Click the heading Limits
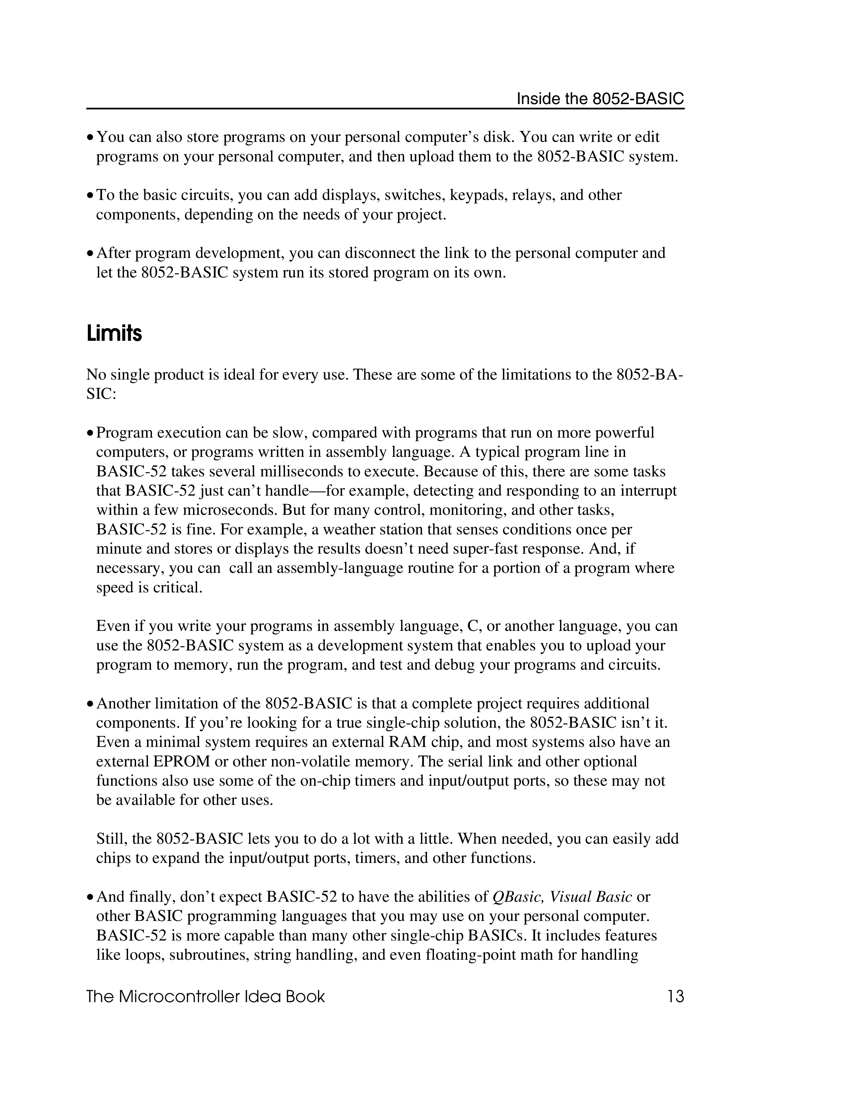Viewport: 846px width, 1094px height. click(x=114, y=333)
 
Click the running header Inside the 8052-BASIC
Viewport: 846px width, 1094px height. click(x=600, y=99)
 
